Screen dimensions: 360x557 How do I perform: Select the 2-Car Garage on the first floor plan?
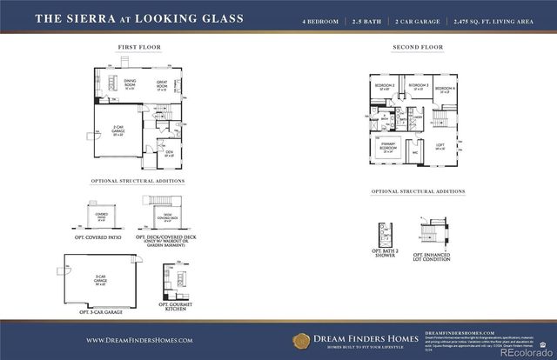click(118, 133)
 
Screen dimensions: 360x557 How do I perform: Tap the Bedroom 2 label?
click(386, 87)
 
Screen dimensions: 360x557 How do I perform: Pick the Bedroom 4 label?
click(445, 89)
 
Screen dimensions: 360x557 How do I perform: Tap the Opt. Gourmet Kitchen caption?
click(176, 307)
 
